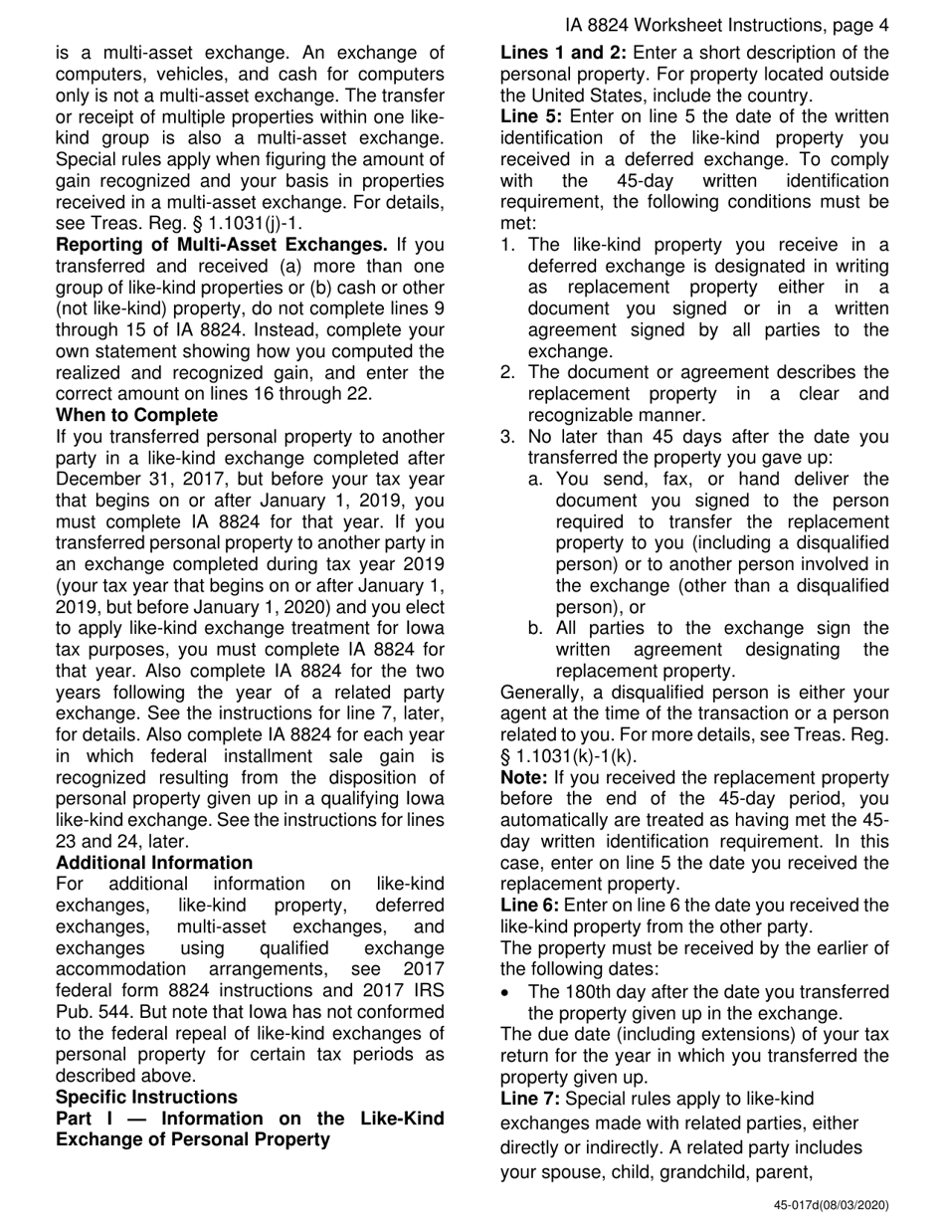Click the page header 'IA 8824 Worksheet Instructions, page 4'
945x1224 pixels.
pyautogui.click(x=725, y=26)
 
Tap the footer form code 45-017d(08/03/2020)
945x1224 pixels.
pyautogui.click(x=832, y=1205)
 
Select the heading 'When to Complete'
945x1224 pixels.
pyautogui.click(x=137, y=414)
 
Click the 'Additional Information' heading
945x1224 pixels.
pyautogui.click(x=154, y=862)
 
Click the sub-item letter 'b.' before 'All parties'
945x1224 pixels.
pyautogui.click(x=537, y=628)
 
